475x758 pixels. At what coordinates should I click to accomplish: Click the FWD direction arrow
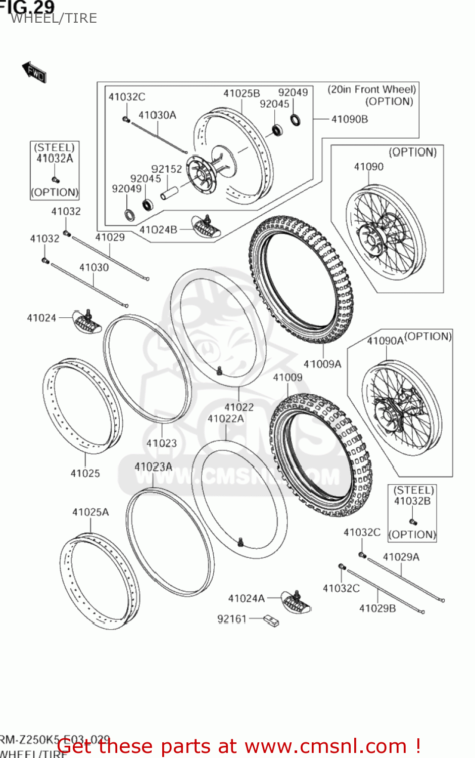coord(34,72)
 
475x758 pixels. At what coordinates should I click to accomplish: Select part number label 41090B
coord(349,119)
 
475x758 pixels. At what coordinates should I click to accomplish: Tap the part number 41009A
coord(322,364)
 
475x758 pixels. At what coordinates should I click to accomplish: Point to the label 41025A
coord(90,512)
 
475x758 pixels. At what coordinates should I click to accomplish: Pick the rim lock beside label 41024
coord(87,322)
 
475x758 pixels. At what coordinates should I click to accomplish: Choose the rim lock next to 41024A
coord(296,601)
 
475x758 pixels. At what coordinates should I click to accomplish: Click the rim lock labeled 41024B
coord(206,227)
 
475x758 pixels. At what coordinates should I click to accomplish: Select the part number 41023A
coord(153,467)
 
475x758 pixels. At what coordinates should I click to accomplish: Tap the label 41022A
coord(225,418)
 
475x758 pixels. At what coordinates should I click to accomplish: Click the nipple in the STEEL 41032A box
coord(56,179)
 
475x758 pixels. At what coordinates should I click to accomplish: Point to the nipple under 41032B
coord(413,522)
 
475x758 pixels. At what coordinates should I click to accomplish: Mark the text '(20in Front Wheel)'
coord(371,89)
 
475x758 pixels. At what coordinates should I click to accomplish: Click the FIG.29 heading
coord(28,7)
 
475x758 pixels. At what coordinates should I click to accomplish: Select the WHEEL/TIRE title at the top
coord(54,19)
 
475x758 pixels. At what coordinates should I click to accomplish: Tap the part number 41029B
coord(377,608)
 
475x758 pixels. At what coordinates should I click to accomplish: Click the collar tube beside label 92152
coord(169,194)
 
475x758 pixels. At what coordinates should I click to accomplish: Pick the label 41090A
coord(385,341)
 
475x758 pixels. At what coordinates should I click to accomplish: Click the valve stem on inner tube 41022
coord(219,371)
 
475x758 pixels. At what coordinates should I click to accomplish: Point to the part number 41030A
coord(157,115)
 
